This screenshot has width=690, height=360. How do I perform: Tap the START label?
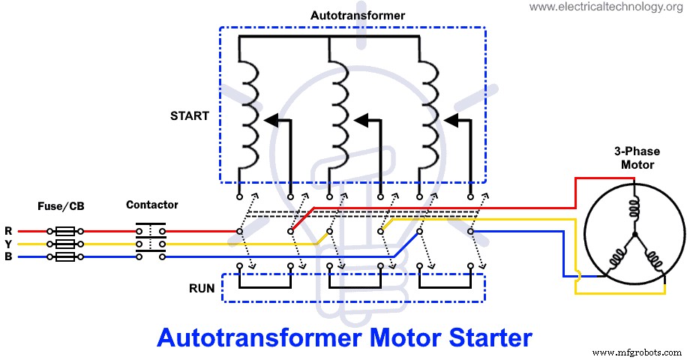tap(189, 116)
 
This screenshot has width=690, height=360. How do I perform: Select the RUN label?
tap(202, 287)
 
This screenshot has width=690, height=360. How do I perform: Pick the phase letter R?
tap(8, 231)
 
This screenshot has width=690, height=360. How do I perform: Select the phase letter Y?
tap(8, 244)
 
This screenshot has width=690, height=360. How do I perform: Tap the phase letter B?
tap(8, 256)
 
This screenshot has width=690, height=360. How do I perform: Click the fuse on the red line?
tap(64, 231)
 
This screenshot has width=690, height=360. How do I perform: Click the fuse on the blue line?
tap(64, 256)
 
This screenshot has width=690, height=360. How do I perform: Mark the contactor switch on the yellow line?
tap(151, 244)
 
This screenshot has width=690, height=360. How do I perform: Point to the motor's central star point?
tap(634, 234)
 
